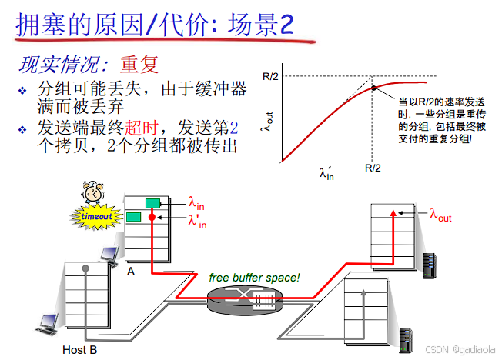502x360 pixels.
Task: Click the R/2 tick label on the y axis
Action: pos(269,76)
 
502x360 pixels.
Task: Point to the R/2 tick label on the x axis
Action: pos(373,168)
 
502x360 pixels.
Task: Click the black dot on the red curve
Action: pos(374,88)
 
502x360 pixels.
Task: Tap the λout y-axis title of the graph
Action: pos(266,122)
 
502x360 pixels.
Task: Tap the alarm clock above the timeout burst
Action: pos(95,193)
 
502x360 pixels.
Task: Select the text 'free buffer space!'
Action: pos(254,277)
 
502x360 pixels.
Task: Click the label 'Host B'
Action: pos(79,349)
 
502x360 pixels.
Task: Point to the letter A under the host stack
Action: pos(131,271)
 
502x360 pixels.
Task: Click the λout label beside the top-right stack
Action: pos(440,215)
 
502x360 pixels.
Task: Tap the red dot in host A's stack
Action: pos(153,218)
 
